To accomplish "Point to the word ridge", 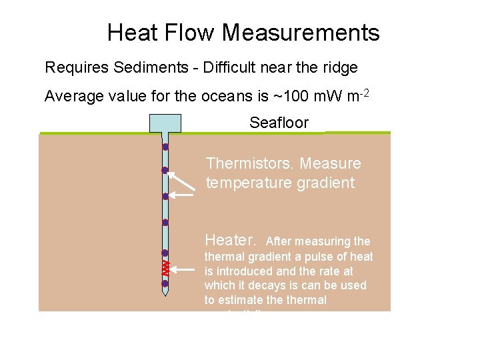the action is click(340, 67).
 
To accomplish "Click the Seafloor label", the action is click(279, 123).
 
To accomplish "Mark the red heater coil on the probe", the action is click(165, 268).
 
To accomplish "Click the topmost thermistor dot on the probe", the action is click(165, 147).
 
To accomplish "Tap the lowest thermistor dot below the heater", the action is click(165, 284).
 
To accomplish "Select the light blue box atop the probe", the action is click(165, 123).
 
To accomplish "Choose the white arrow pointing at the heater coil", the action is click(183, 269).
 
